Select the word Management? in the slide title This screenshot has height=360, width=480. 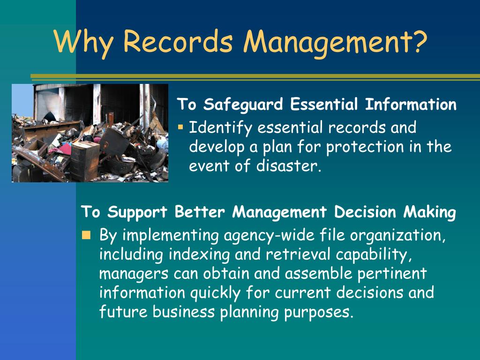[335, 42]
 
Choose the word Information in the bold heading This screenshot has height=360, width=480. [411, 104]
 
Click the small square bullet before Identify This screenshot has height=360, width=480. [180, 127]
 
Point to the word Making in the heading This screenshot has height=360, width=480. [429, 212]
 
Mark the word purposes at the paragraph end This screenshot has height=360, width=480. [318, 312]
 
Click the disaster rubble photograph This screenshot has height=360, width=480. [90, 133]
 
